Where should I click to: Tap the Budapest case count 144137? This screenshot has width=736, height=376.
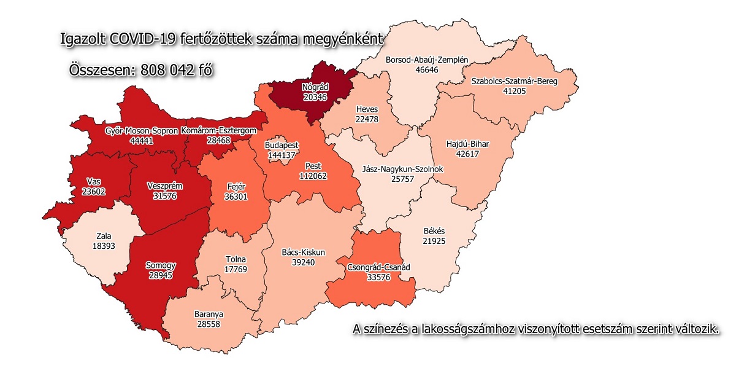point(282,155)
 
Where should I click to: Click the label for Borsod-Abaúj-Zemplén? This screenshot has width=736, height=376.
point(427,60)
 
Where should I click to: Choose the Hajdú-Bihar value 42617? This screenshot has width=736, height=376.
point(471,154)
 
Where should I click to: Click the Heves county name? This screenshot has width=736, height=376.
point(367,109)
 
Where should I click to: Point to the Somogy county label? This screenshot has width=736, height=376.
point(161,265)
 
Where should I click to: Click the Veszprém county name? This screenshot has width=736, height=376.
point(165,186)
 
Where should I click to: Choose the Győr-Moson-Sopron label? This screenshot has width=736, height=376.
point(141,131)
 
